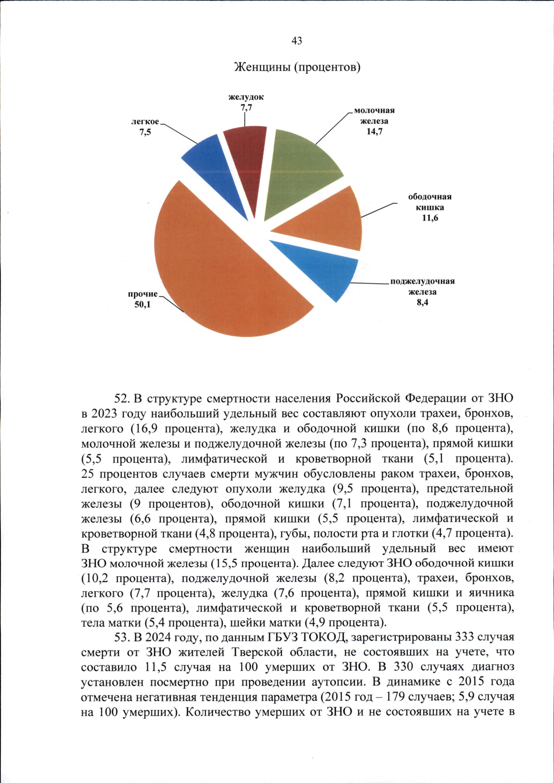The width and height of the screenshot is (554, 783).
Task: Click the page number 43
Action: tap(297, 41)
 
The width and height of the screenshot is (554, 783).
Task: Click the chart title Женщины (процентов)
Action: tap(297, 67)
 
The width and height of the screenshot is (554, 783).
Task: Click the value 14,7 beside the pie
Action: tap(374, 132)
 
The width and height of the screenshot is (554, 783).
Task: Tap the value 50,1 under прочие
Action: tap(142, 305)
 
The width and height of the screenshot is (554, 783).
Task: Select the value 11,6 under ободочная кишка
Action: tap(429, 218)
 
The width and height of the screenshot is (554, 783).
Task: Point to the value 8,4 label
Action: tap(422, 303)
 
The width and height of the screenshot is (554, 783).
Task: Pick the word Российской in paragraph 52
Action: tap(367, 398)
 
